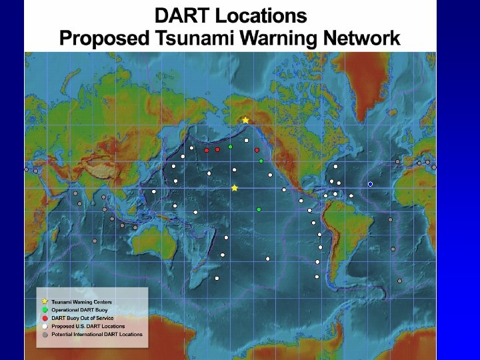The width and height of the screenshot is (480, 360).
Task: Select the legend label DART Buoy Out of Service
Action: point(83,318)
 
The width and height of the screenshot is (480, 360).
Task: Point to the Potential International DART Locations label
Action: point(97,334)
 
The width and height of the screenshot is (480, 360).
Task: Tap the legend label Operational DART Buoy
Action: point(80,310)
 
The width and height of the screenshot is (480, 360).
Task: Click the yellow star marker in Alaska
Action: point(245,121)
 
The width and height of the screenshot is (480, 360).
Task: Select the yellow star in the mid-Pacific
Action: point(235,189)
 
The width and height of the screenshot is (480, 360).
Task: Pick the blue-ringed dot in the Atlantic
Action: point(370,184)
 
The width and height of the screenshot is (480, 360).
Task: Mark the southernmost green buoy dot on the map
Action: point(259,210)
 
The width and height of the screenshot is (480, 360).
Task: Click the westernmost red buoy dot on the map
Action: point(207,151)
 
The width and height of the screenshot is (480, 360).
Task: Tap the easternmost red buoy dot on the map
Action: point(257,151)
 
